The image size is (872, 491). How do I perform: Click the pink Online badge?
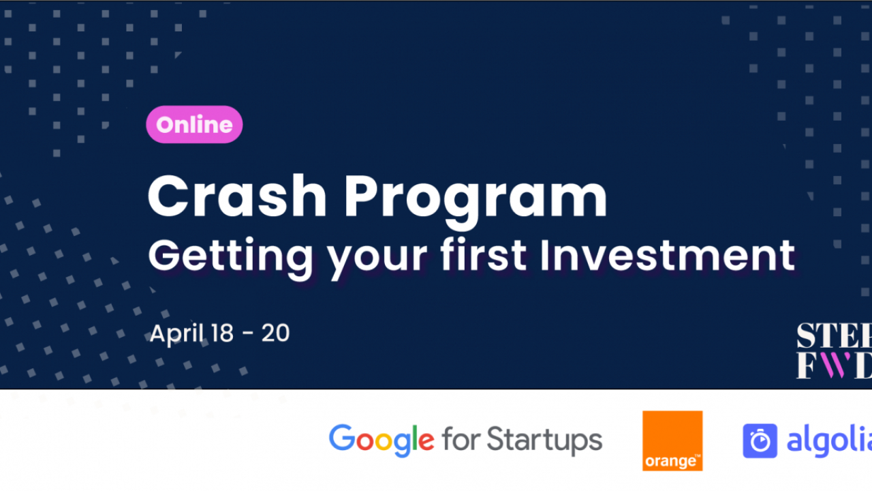pyautogui.click(x=194, y=125)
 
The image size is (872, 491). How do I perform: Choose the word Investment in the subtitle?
pyautogui.click(x=667, y=255)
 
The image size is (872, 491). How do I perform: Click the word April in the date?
pyautogui.click(x=175, y=334)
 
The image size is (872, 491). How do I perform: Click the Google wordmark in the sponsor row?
pyautogui.click(x=381, y=440)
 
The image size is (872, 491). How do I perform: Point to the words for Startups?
pyautogui.click(x=522, y=440)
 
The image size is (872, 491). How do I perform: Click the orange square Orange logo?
pyautogui.click(x=672, y=441)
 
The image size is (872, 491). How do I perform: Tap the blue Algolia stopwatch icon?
pyautogui.click(x=760, y=441)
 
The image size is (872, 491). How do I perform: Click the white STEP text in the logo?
pyautogui.click(x=834, y=336)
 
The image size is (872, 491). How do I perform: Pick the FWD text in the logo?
pyautogui.click(x=834, y=366)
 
